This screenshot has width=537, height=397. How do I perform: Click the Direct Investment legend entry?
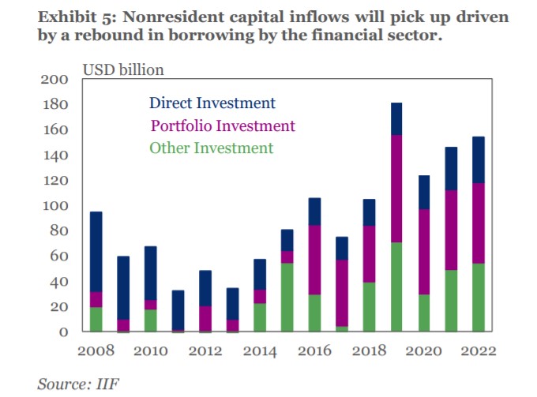(212, 103)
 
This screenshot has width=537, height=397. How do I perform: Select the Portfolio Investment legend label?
(222, 125)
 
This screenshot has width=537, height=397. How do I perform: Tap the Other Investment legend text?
(211, 148)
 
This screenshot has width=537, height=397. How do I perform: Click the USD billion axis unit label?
(123, 70)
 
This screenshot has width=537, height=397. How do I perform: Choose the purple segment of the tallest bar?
(396, 189)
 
